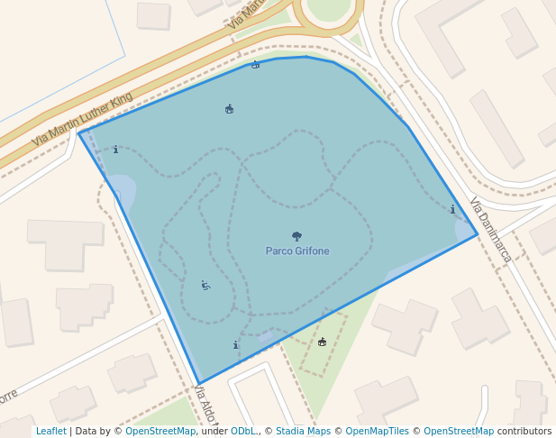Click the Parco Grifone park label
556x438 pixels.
coord(297,251)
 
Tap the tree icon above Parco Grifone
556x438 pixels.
coord(296,236)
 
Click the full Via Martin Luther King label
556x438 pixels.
coord(82,119)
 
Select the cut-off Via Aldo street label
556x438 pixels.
coord(205,405)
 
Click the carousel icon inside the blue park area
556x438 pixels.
coord(229,109)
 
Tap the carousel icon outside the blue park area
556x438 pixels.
coord(322,342)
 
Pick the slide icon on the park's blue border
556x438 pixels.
coord(255,65)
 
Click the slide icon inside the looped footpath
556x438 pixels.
coord(205,286)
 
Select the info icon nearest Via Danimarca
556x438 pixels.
coord(452,210)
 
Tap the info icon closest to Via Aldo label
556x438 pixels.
coord(235,345)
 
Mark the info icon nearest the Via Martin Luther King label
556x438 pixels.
coord(115,150)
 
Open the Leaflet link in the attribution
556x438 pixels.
coord(50,431)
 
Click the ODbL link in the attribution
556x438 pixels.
coord(243,431)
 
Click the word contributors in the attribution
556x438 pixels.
coord(524,431)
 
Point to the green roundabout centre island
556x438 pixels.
coord(329,7)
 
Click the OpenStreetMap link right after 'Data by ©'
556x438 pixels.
coord(160,431)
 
